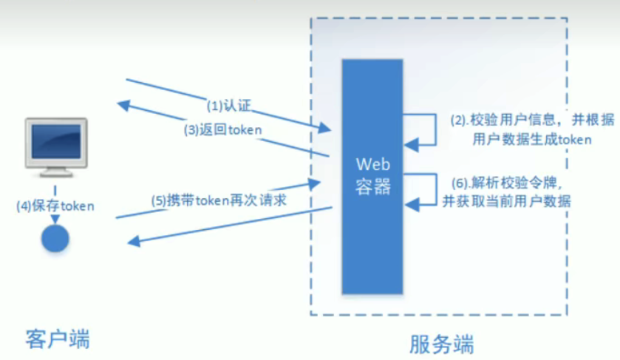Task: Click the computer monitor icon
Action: pos(56,147)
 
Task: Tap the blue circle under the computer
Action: pos(55,239)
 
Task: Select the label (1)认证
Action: pos(229,106)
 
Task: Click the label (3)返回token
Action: pos(222,130)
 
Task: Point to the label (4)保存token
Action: pos(55,206)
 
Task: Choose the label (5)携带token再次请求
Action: pos(219,200)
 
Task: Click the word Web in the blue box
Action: pos(373,164)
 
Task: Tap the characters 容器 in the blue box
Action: pos(373,186)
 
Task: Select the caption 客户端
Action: pos(58,339)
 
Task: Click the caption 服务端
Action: pos(441,344)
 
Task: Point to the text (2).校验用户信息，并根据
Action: pos(532,120)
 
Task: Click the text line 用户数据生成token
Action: pos(532,139)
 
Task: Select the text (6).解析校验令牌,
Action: pos(506,183)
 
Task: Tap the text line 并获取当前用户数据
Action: pos(506,201)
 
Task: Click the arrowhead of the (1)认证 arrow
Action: pos(325,127)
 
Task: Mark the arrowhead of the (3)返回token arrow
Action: pos(123,105)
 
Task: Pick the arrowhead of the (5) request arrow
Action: pos(314,183)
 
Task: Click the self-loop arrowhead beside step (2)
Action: pos(411,145)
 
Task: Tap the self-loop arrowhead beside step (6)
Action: pos(412,205)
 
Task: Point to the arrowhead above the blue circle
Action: pos(55,219)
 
